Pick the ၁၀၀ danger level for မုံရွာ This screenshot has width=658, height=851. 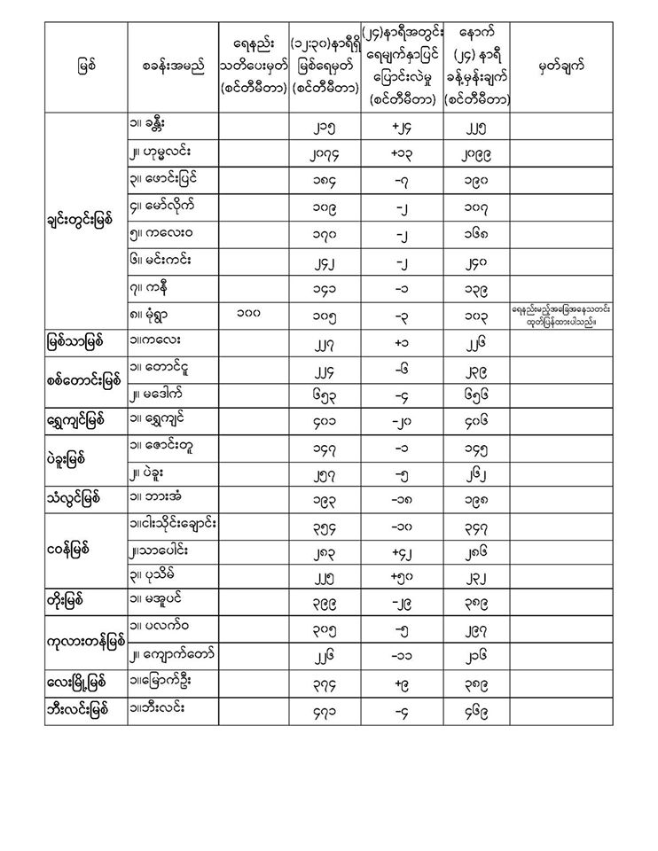pyautogui.click(x=255, y=313)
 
